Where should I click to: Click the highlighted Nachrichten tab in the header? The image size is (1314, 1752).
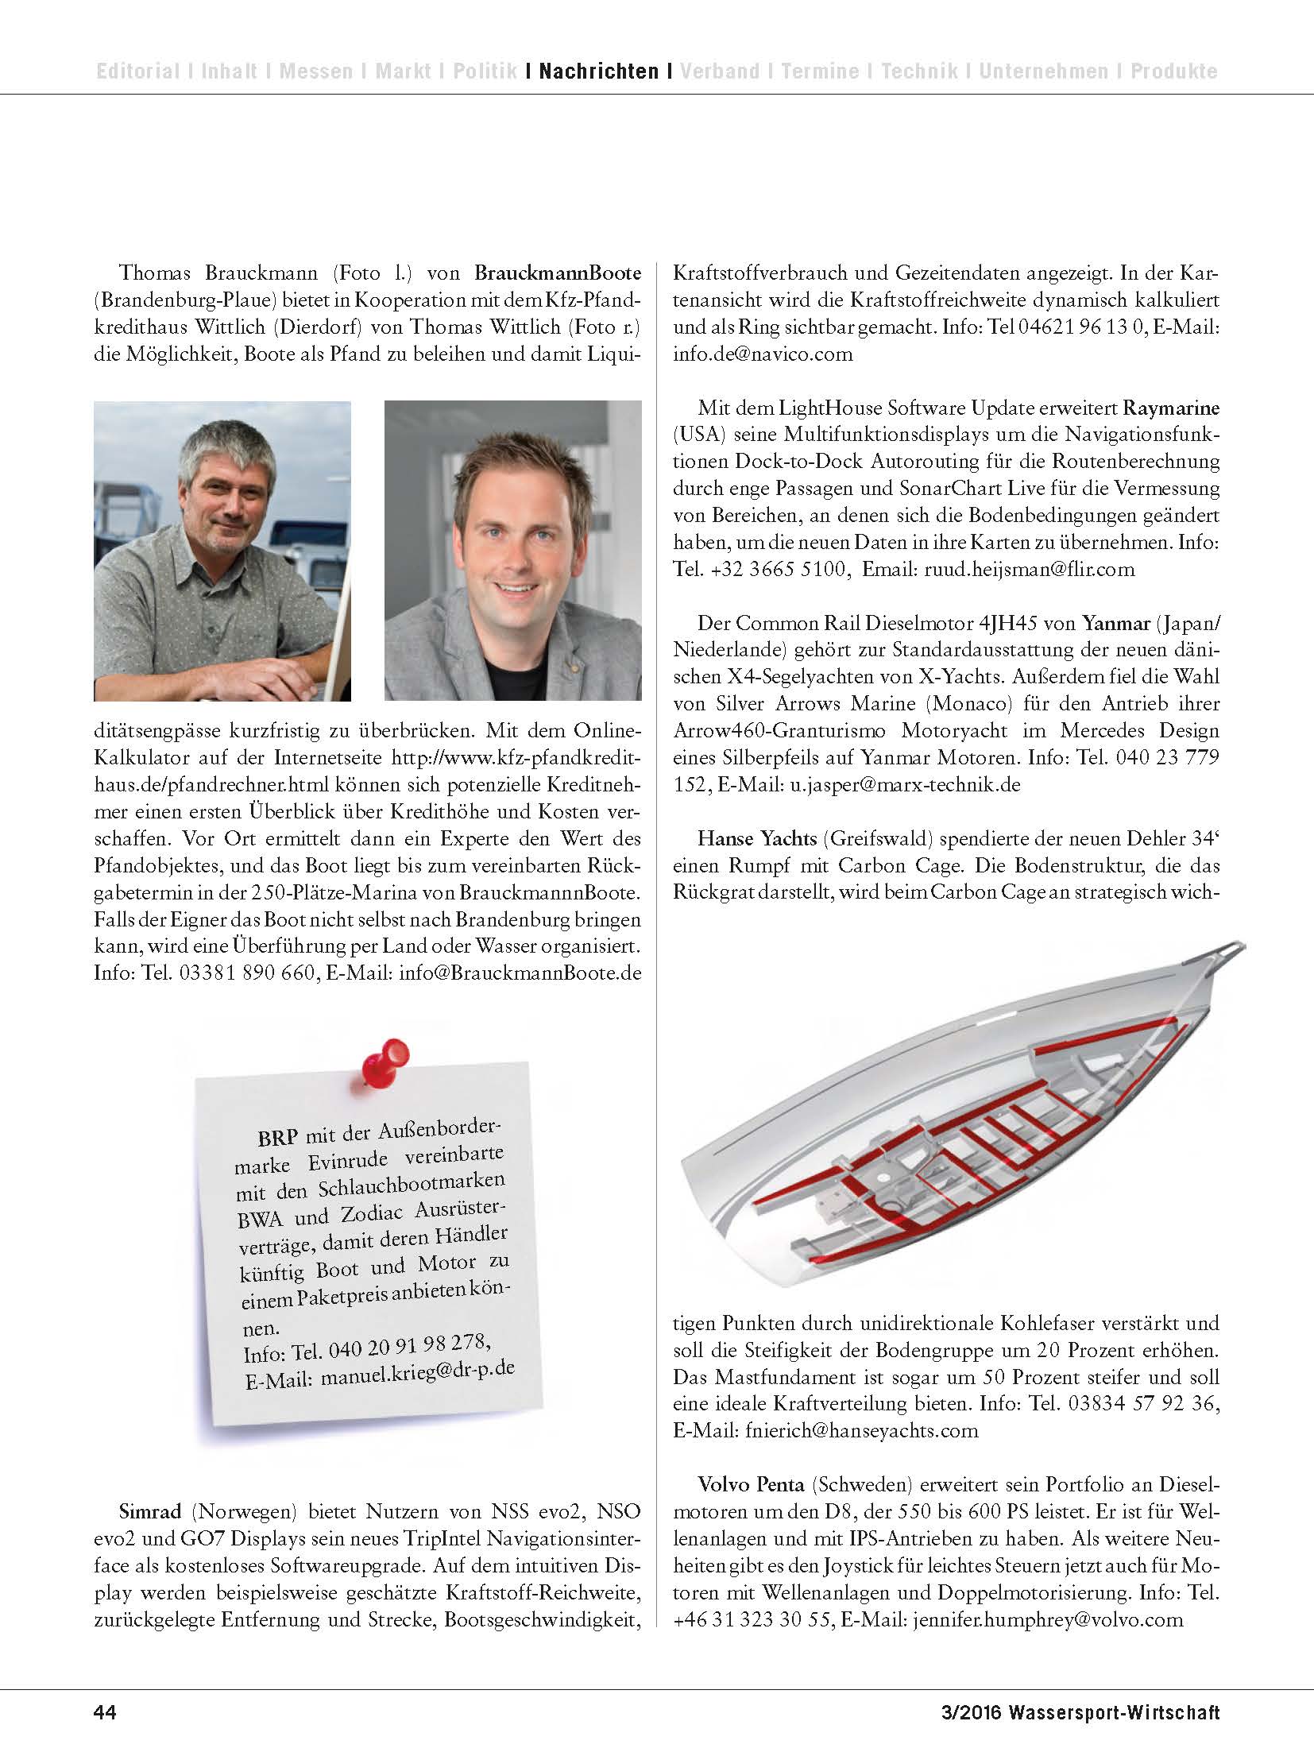point(599,72)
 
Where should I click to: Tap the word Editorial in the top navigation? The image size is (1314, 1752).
point(137,72)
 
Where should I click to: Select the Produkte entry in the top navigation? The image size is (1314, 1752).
point(1173,72)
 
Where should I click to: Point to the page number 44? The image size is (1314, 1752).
point(106,1711)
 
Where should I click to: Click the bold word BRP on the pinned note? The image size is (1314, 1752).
point(277,1135)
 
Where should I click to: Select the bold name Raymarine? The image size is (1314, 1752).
point(1170,408)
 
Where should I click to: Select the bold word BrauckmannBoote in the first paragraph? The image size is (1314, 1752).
point(558,273)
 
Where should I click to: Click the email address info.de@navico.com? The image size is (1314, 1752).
point(763,354)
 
